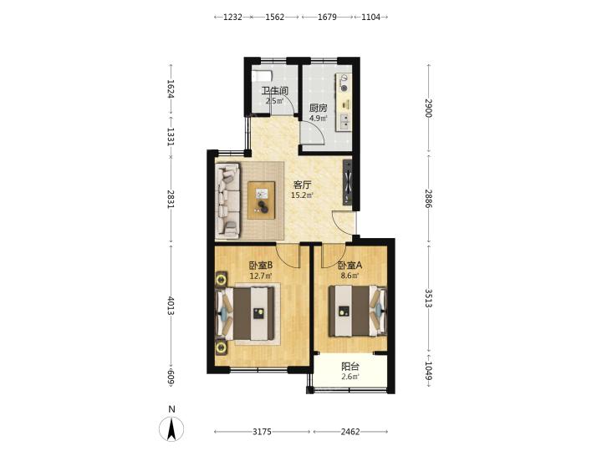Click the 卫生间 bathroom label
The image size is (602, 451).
pyautogui.click(x=275, y=91)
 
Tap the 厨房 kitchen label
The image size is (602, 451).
pyautogui.click(x=319, y=108)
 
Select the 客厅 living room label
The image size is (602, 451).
pyautogui.click(x=302, y=185)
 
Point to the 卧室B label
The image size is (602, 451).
pyautogui.click(x=261, y=266)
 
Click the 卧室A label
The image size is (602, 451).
pyautogui.click(x=350, y=266)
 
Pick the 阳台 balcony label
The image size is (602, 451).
pyautogui.click(x=350, y=367)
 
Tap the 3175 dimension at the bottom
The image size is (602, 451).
pyautogui.click(x=263, y=432)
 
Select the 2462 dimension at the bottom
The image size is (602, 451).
pyautogui.click(x=350, y=432)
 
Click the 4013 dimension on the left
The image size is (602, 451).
pyautogui.click(x=171, y=306)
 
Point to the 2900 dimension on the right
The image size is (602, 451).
pyautogui.click(x=429, y=108)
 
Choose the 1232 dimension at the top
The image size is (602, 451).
pyautogui.click(x=232, y=17)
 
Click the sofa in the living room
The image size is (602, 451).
pyautogui.click(x=228, y=200)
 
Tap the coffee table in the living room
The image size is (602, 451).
pyautogui.click(x=262, y=200)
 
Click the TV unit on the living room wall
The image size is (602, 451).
pyautogui.click(x=348, y=182)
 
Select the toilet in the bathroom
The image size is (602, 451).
pyautogui.click(x=263, y=75)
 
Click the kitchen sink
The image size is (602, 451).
pyautogui.click(x=344, y=121)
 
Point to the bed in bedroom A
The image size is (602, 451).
pyautogui.click(x=358, y=311)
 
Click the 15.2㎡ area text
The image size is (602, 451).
pyautogui.click(x=302, y=195)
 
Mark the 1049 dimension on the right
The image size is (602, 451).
pyautogui.click(x=429, y=371)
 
